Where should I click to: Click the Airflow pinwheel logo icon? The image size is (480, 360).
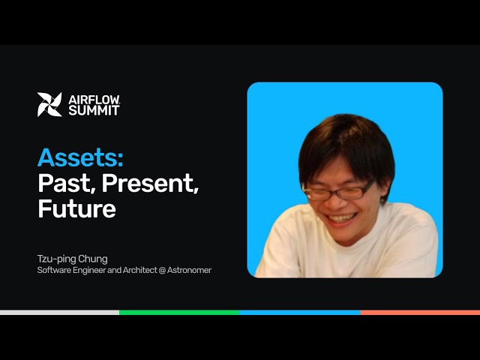pyautogui.click(x=49, y=104)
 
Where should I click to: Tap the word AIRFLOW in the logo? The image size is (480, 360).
pyautogui.click(x=93, y=99)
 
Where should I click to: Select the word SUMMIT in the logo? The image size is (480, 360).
pyautogui.click(x=94, y=110)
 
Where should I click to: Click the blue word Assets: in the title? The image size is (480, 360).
pyautogui.click(x=80, y=158)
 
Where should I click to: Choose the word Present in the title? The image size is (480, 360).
pyautogui.click(x=151, y=183)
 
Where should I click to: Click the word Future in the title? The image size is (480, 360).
pyautogui.click(x=76, y=208)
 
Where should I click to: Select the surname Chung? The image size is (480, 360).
pyautogui.click(x=93, y=259)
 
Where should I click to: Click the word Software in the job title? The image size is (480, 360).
pyautogui.click(x=53, y=270)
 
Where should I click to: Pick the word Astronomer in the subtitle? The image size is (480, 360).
pyautogui.click(x=187, y=270)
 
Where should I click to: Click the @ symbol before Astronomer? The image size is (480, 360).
pyautogui.click(x=159, y=270)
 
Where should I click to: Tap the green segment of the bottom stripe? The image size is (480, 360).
pyautogui.click(x=179, y=312)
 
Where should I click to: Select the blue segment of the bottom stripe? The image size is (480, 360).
pyautogui.click(x=299, y=312)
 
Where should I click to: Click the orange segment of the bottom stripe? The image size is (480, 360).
pyautogui.click(x=419, y=312)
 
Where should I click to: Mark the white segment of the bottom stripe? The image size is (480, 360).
pyautogui.click(x=59, y=312)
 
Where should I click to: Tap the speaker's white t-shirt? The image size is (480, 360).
pyautogui.click(x=345, y=251)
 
